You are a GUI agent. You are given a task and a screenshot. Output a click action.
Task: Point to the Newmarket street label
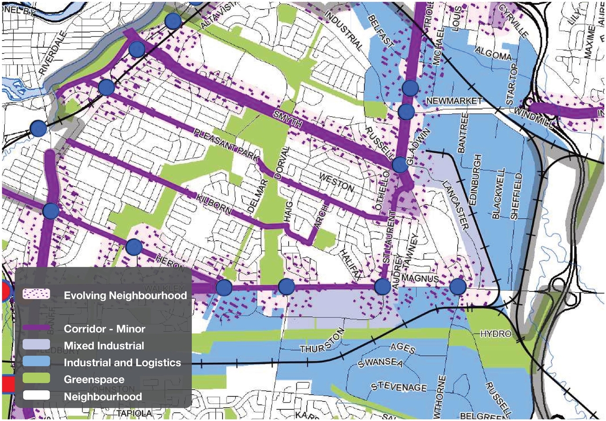pyautogui.click(x=454, y=101)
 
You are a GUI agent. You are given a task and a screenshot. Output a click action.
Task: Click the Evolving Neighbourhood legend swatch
pyautogui.click(x=36, y=295)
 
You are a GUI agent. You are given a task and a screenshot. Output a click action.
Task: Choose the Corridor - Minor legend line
pyautogui.click(x=36, y=327)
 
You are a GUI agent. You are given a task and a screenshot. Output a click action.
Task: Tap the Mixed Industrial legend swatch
pyautogui.click(x=36, y=345)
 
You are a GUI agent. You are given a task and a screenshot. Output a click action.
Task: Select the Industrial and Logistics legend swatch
pyautogui.click(x=36, y=362)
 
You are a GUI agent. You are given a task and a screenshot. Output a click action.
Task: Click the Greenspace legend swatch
pyautogui.click(x=36, y=379)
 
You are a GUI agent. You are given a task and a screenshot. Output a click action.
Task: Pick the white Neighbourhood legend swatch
pyautogui.click(x=36, y=395)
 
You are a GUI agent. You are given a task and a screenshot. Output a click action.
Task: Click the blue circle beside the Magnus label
pyautogui.click(x=458, y=286)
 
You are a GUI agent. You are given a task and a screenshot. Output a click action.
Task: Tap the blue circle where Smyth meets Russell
pyautogui.click(x=400, y=165)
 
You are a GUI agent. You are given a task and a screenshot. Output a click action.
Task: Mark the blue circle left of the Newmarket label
pyautogui.click(x=406, y=112)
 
